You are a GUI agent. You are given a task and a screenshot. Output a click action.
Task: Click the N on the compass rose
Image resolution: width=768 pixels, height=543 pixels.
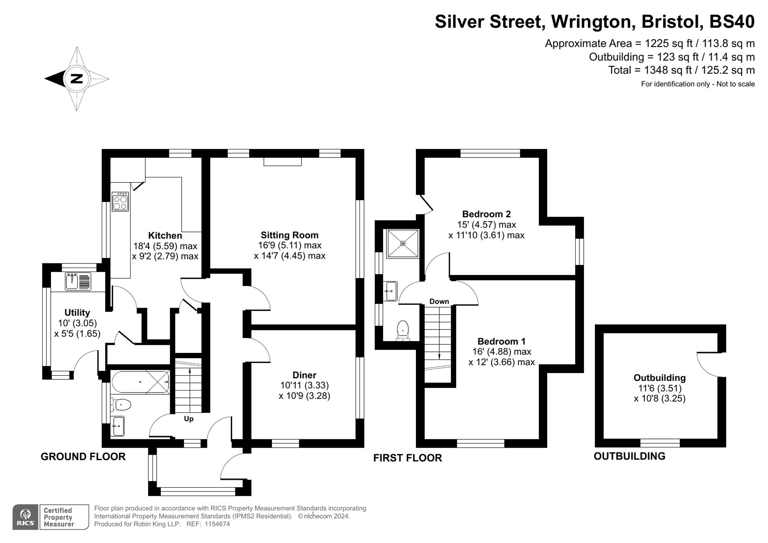[x=77, y=79]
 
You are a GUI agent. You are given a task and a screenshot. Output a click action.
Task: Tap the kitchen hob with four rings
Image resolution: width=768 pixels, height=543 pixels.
[x=120, y=202]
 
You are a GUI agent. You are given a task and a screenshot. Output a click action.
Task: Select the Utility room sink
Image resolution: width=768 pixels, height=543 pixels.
[x=78, y=281]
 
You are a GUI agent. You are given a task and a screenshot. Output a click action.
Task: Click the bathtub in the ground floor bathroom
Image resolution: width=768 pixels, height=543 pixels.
[x=140, y=382]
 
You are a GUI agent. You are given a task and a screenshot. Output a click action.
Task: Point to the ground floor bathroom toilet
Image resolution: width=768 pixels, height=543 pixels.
[x=121, y=404]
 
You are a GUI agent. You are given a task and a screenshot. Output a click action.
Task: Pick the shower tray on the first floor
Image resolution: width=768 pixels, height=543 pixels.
[x=403, y=243]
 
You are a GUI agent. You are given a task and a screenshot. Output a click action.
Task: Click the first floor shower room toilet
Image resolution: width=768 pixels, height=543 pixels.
[x=403, y=331]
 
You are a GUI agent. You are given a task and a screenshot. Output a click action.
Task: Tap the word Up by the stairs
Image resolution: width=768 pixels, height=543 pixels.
[x=189, y=419]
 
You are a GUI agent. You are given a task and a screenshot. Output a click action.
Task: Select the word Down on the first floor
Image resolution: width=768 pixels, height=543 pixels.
[x=439, y=301]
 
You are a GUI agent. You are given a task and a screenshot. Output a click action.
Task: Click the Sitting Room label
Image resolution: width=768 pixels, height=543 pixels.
[x=290, y=235]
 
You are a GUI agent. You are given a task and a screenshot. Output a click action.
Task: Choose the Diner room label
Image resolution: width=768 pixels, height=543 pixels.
[x=305, y=375]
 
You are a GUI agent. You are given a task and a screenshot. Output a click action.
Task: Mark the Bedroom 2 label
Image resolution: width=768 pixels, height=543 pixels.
[x=487, y=214]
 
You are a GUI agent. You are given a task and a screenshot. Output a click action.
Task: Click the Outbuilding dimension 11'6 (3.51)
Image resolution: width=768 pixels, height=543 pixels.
[x=660, y=388]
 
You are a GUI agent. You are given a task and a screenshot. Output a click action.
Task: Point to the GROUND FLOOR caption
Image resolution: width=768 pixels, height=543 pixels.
[x=83, y=457]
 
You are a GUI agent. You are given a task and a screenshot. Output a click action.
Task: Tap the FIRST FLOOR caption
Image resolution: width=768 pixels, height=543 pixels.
[x=408, y=458]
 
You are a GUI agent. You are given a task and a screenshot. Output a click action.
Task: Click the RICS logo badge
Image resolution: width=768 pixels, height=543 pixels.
[x=25, y=517]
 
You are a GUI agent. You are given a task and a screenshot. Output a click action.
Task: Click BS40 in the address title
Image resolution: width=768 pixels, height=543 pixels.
[x=732, y=22]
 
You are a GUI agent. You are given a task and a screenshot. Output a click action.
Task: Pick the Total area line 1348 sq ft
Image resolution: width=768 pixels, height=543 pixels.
[x=682, y=70]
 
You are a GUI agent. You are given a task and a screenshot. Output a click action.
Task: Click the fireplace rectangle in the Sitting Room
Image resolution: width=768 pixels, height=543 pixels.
[x=283, y=162]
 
